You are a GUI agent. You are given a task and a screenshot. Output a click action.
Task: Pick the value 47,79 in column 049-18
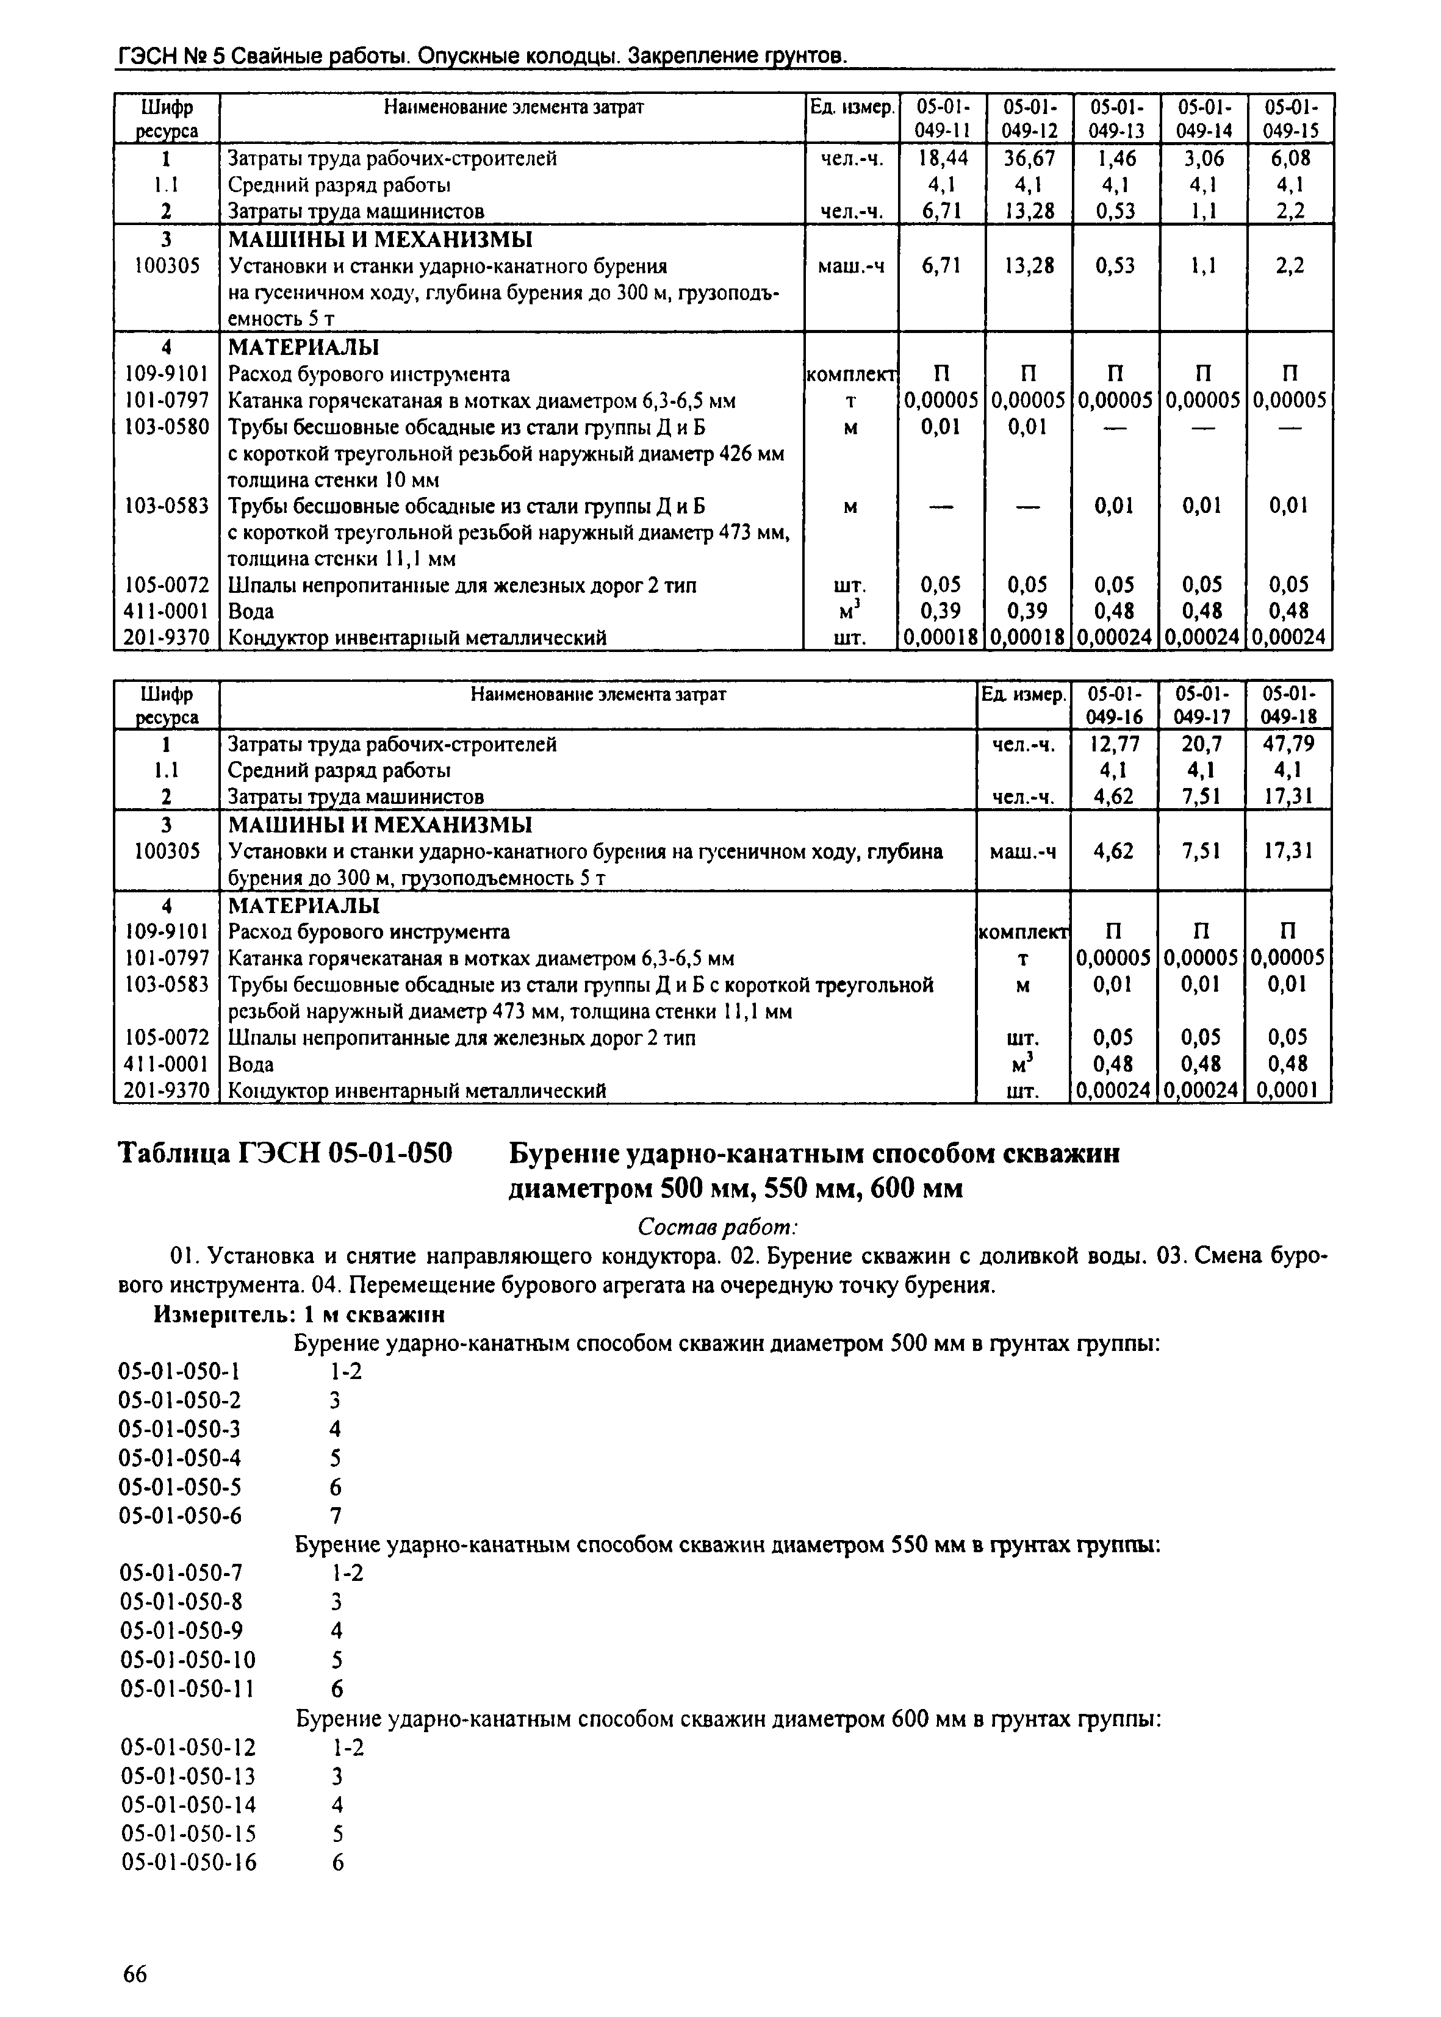[1288, 743]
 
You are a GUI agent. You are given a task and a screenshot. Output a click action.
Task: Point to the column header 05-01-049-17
[1201, 704]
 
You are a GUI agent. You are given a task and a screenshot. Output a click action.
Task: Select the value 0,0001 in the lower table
[1288, 1090]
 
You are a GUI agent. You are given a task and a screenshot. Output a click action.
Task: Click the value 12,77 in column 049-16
[1115, 743]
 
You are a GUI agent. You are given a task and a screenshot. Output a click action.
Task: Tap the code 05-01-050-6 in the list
[180, 1515]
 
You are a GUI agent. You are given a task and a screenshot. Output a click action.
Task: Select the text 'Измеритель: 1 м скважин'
[299, 1314]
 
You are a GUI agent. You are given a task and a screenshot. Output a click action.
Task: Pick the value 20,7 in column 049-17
[1201, 743]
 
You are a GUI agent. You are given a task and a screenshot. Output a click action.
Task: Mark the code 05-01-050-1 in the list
[180, 1371]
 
